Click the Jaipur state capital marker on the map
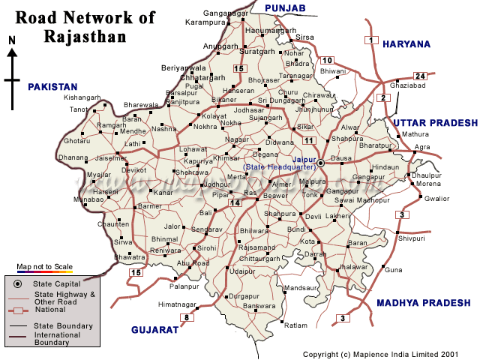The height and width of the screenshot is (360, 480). (x=320, y=163)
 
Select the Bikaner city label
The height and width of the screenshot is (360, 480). (x=223, y=100)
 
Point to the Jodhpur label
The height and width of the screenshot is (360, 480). (x=216, y=184)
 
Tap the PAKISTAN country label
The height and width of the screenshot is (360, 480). (x=53, y=87)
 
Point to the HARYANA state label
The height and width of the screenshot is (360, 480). (x=406, y=44)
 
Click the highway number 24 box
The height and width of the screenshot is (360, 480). (x=420, y=76)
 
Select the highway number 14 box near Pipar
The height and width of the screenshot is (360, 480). (x=235, y=202)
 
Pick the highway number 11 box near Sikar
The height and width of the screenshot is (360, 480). (x=307, y=140)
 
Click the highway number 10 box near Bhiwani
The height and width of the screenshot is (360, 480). (x=327, y=60)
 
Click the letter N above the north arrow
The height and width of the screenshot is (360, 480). (x=11, y=40)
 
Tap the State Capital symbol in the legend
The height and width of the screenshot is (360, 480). (x=17, y=283)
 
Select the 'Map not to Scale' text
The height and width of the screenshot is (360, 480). (x=44, y=267)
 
